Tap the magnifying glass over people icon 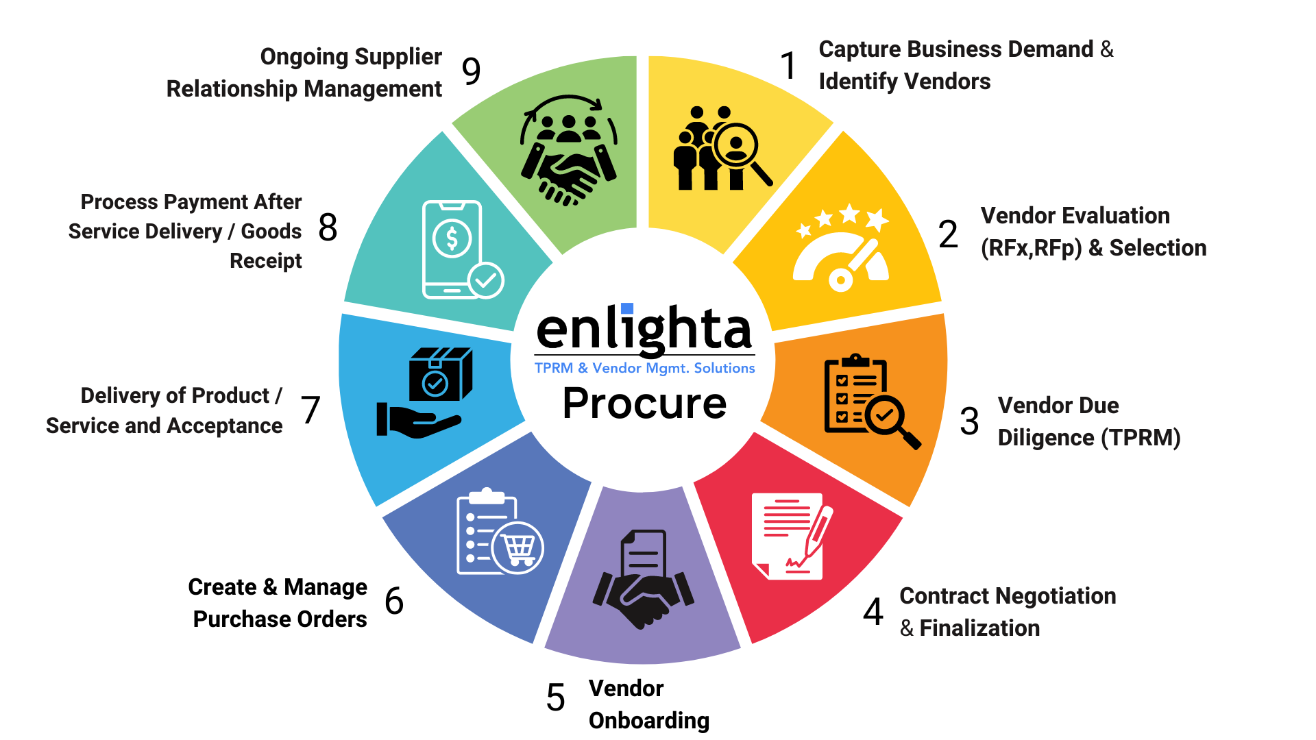coord(721,149)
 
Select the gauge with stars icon coord(842,248)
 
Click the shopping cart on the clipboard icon coord(517,547)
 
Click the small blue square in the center coord(626,309)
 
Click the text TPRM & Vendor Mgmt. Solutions coord(644,369)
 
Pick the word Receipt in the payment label coord(265,261)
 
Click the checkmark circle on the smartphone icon coord(486,280)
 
